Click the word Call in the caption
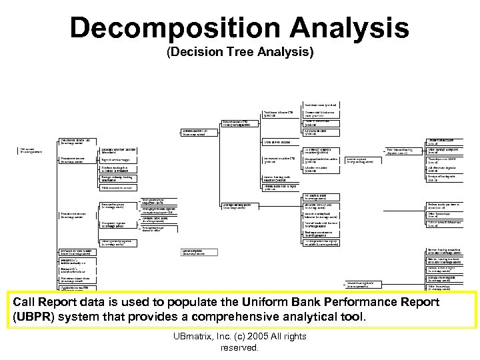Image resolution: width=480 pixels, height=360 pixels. coord(25,302)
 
